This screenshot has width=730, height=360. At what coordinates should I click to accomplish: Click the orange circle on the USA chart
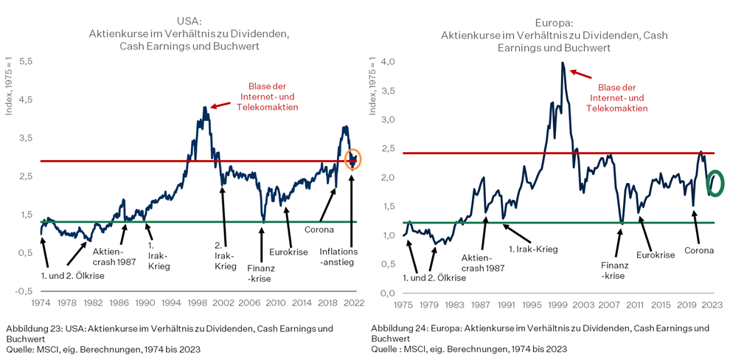[353, 158]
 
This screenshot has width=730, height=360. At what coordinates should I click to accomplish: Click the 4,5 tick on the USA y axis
[25, 100]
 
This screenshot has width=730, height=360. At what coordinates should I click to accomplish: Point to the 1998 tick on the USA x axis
[199, 302]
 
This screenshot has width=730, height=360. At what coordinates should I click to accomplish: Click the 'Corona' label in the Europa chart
[699, 250]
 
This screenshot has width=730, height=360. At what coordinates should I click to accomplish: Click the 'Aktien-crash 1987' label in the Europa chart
[482, 263]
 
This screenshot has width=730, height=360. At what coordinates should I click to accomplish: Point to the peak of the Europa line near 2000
[563, 63]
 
